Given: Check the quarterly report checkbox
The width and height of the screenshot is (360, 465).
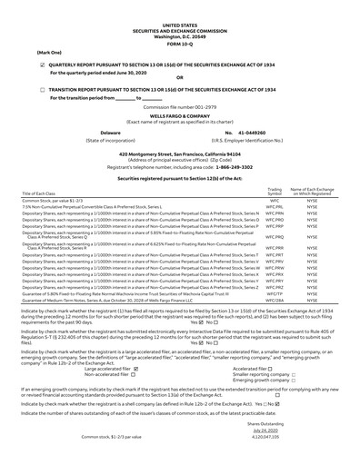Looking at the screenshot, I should pos(44,66).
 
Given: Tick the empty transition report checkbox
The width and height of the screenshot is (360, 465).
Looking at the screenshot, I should pos(44,92).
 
